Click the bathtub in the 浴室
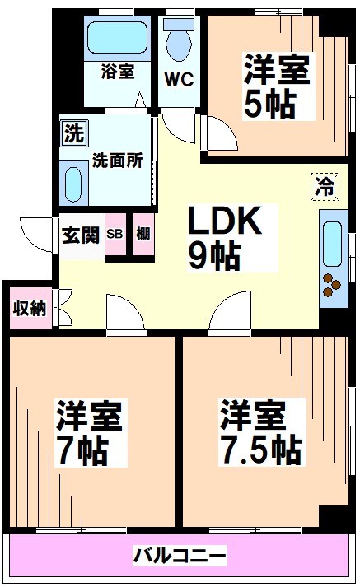tap(117, 37)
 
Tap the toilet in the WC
tap(179, 40)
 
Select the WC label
tap(180, 79)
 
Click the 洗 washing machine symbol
tap(74, 133)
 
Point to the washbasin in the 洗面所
tap(73, 184)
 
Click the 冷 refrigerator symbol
tap(325, 186)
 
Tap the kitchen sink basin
tap(332, 244)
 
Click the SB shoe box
tap(115, 235)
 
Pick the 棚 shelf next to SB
tap(143, 235)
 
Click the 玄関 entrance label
tap(81, 235)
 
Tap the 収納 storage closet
tap(30, 308)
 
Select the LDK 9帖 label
tap(225, 238)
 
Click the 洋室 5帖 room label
tap(278, 86)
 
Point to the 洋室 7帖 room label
tap(90, 433)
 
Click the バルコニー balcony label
tap(180, 555)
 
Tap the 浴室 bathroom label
tap(117, 71)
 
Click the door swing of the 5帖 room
tap(219, 131)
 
